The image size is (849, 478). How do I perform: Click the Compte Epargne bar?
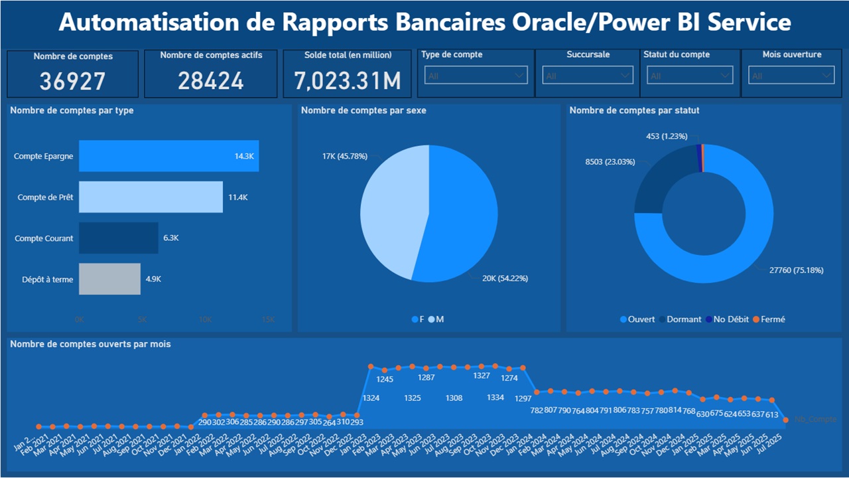[168, 157]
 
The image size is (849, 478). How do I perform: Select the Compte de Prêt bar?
[151, 197]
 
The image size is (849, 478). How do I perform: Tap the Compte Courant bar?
[118, 238]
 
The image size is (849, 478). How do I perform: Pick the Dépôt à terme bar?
[109, 279]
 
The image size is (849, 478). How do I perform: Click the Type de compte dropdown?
[476, 76]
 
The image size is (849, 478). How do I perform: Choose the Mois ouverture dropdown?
[791, 76]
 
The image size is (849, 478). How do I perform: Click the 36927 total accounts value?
[72, 81]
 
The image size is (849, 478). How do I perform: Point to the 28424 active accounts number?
[210, 81]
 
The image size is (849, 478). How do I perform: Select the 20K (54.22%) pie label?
[505, 278]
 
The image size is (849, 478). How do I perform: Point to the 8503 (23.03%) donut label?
[610, 161]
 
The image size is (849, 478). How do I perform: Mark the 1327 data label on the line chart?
[482, 376]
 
